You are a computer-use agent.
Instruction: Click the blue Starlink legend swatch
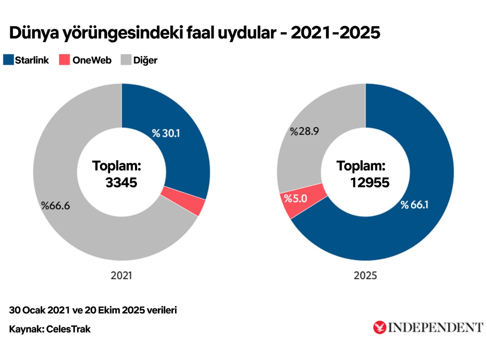click(x=8, y=60)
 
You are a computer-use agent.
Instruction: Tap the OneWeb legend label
click(x=92, y=60)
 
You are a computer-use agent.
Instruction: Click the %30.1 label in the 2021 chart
click(x=166, y=133)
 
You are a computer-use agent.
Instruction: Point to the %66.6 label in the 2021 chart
click(x=55, y=206)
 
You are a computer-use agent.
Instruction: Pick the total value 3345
click(x=121, y=182)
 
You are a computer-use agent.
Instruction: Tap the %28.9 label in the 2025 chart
click(x=304, y=132)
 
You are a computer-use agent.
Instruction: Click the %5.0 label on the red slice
click(x=295, y=198)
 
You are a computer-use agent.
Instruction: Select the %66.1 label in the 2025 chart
click(x=415, y=205)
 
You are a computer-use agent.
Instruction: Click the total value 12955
click(x=369, y=182)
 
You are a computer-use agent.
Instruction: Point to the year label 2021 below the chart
click(x=121, y=276)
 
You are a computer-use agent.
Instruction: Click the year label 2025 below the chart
click(x=365, y=276)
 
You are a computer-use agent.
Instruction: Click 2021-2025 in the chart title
click(x=335, y=33)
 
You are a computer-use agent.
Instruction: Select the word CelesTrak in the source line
click(x=68, y=330)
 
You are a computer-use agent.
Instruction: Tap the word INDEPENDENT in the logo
click(x=435, y=327)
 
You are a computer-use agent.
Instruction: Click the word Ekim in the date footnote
click(x=108, y=310)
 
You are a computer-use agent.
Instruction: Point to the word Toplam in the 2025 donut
click(x=360, y=166)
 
